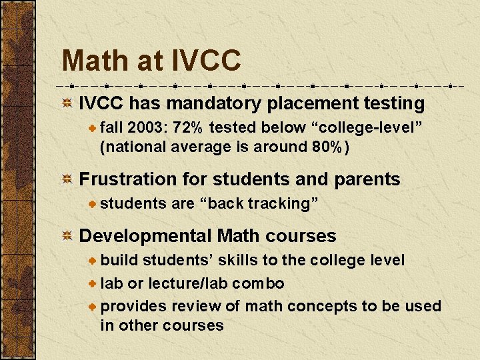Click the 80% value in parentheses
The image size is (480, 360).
327,146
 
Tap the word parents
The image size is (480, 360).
368,179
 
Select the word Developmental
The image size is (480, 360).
145,236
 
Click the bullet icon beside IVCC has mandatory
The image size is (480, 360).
67,104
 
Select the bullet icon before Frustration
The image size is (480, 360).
67,179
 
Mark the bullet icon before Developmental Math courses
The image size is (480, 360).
67,236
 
